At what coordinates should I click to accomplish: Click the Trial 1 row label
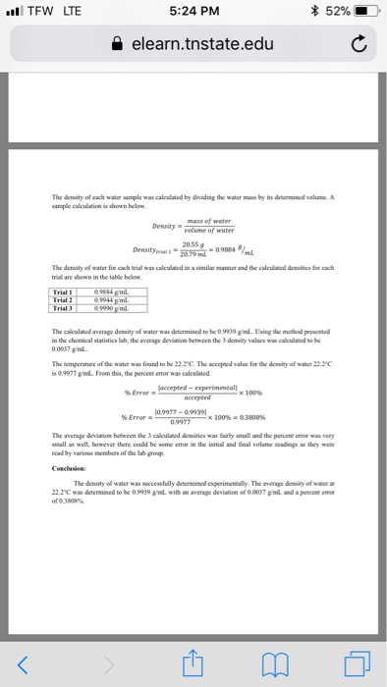click(x=66, y=264)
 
